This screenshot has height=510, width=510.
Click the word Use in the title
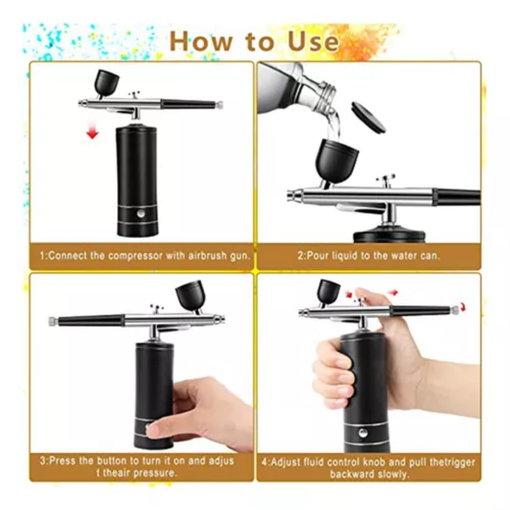pos(313,41)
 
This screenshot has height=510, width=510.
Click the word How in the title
pos(201,41)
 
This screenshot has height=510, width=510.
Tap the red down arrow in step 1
pos(93,133)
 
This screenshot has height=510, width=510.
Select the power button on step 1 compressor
pos(142,213)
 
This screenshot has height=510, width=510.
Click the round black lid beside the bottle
pos(368,117)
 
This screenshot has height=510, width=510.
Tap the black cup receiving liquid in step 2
pos(336,160)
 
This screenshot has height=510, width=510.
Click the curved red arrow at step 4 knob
pos(464,308)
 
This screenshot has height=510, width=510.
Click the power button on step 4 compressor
pos(363,433)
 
